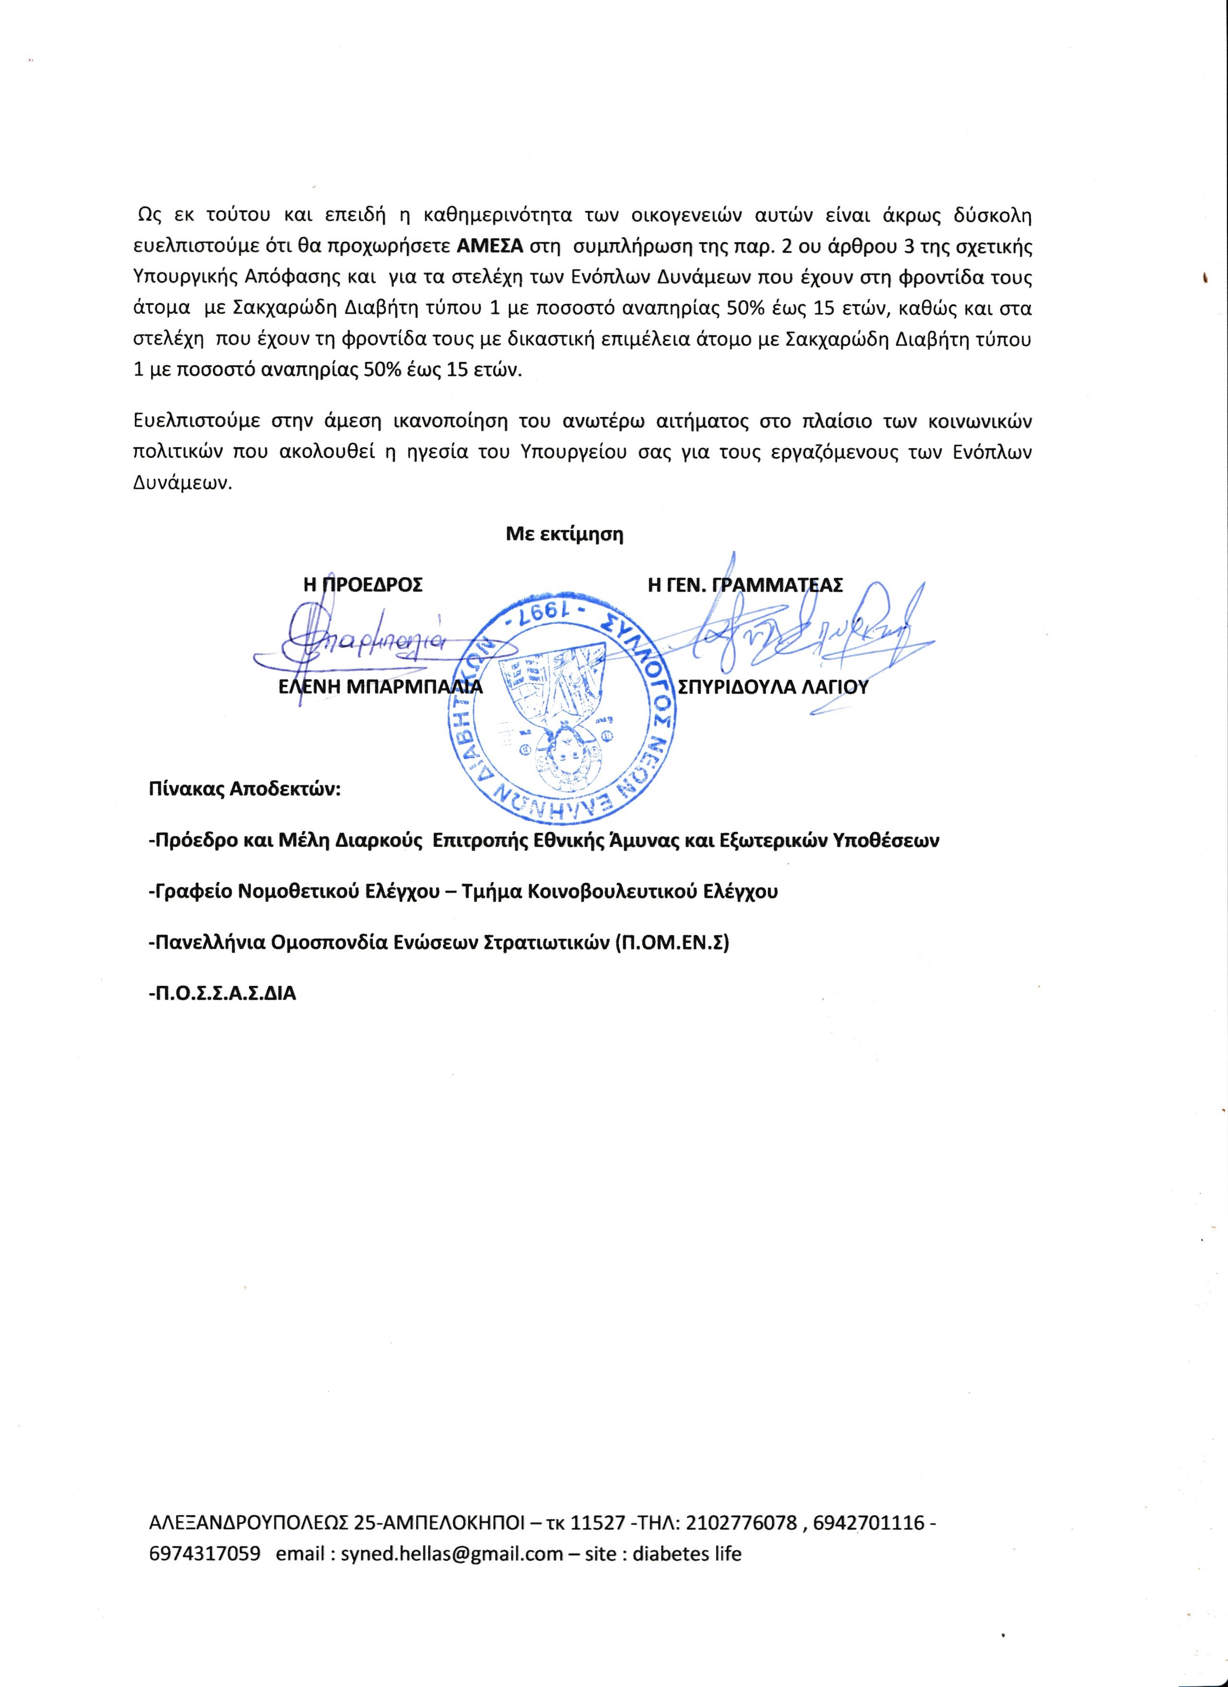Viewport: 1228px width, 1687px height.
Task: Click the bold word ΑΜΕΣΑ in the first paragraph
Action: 490,246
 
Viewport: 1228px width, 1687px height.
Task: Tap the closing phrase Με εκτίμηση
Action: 564,534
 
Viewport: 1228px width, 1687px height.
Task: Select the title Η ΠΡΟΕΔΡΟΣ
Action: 363,584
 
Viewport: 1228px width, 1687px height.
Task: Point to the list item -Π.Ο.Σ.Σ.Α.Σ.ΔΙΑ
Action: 222,994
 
